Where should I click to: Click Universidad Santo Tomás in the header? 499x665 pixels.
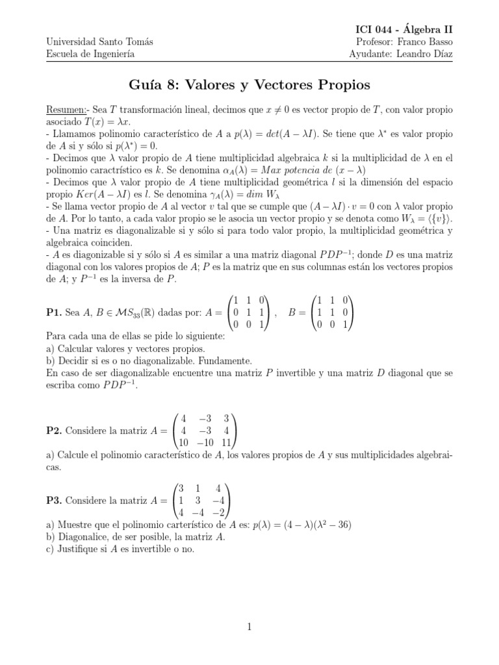pos(100,42)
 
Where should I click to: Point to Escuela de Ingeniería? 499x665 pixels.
pos(90,54)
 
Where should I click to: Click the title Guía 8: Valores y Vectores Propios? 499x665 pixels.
pos(249,85)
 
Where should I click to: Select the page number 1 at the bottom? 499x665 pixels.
pos(249,627)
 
